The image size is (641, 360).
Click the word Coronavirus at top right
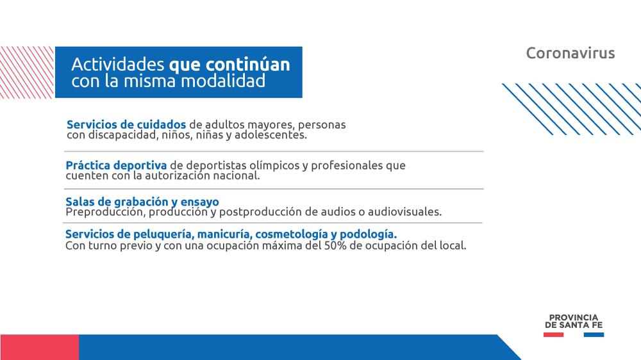[570, 53]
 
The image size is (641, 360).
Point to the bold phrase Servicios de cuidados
[126, 124]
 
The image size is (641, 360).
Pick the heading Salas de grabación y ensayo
[142, 202]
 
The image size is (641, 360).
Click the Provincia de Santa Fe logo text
[574, 321]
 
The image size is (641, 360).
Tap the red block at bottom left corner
[39, 347]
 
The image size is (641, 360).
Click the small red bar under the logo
[554, 334]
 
